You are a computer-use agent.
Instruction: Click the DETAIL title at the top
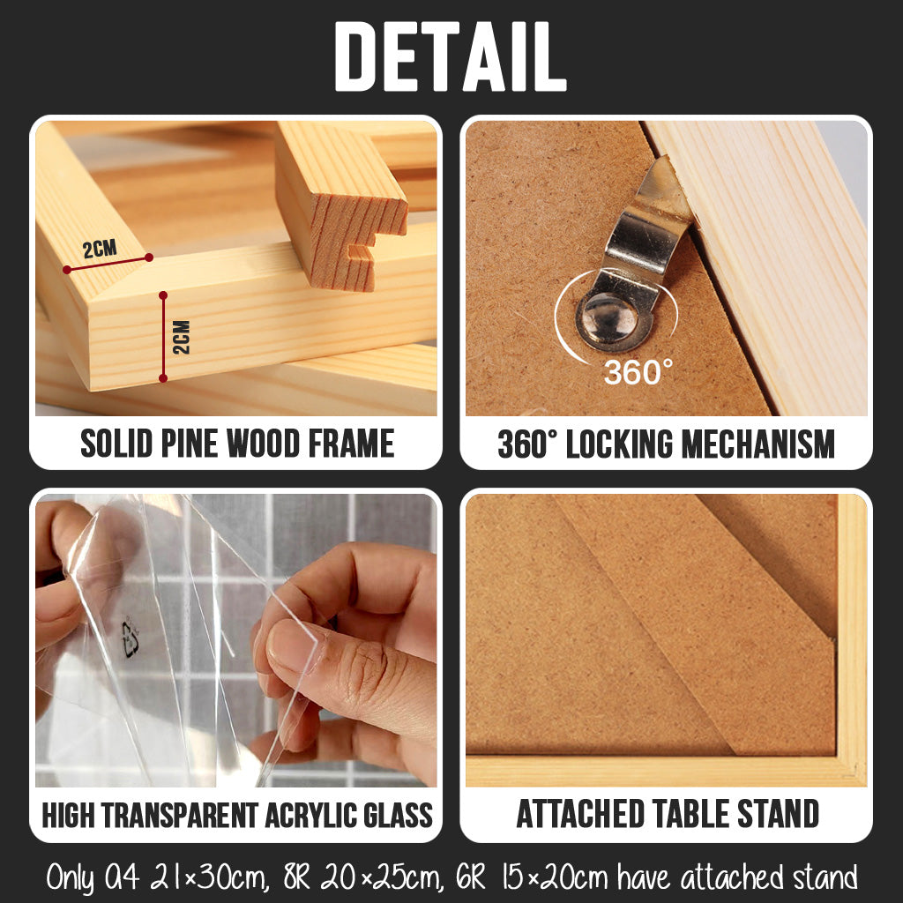[x=451, y=56]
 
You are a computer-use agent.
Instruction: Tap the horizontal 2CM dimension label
[x=100, y=250]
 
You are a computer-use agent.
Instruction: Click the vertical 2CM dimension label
[x=182, y=337]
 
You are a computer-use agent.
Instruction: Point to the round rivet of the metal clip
[x=610, y=319]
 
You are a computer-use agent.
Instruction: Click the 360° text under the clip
[x=638, y=372]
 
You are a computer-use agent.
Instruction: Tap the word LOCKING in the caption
[x=620, y=444]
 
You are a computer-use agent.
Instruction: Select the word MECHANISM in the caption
[x=758, y=444]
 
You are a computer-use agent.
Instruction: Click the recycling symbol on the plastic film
[x=131, y=638]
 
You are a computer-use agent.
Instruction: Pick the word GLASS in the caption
[x=398, y=815]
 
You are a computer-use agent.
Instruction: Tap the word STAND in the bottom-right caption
[x=778, y=814]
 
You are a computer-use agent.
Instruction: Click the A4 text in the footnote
[x=122, y=878]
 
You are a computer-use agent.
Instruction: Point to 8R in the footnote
[x=297, y=878]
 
